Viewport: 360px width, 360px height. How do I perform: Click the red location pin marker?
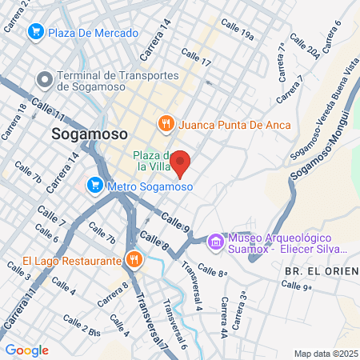(x=181, y=162)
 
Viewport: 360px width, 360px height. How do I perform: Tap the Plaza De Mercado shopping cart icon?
(x=35, y=32)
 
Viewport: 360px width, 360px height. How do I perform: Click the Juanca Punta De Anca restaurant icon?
(x=166, y=123)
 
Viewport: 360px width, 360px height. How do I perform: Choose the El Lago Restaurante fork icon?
(x=134, y=259)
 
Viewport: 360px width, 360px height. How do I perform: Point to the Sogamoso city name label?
(x=89, y=134)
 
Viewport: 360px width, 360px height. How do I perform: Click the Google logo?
(x=26, y=350)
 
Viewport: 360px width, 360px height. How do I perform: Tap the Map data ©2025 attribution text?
(x=325, y=354)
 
